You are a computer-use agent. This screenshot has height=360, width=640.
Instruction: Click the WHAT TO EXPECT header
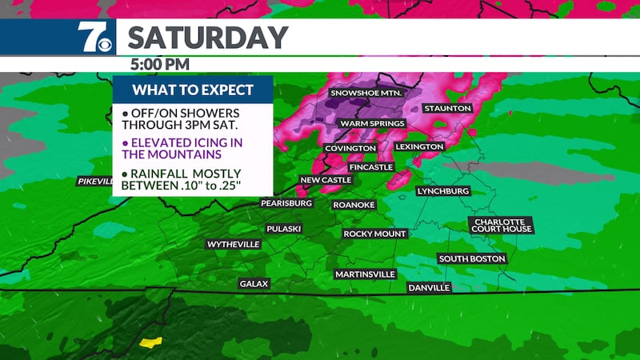click(x=193, y=89)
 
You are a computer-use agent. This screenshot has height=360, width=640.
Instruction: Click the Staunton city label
click(x=448, y=108)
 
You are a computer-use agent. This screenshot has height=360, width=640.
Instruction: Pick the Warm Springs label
click(x=372, y=123)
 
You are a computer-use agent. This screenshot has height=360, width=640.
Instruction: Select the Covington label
click(x=350, y=149)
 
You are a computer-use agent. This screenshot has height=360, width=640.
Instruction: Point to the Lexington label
click(x=418, y=147)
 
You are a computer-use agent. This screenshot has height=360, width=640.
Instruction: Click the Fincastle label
click(x=371, y=166)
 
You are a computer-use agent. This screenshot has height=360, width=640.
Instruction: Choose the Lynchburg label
click(x=442, y=191)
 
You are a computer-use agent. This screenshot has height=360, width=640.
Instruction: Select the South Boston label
click(x=472, y=258)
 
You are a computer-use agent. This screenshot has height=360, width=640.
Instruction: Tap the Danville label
click(x=429, y=287)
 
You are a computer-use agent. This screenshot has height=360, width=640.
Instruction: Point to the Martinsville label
click(x=365, y=274)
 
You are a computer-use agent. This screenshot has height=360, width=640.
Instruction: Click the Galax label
click(x=254, y=283)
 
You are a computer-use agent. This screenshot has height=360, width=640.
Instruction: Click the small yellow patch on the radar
click(x=150, y=342)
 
